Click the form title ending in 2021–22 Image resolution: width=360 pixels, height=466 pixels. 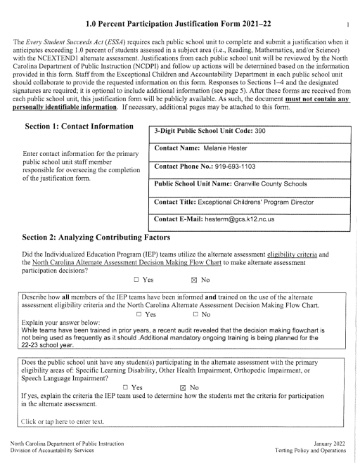click(x=180, y=10)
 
